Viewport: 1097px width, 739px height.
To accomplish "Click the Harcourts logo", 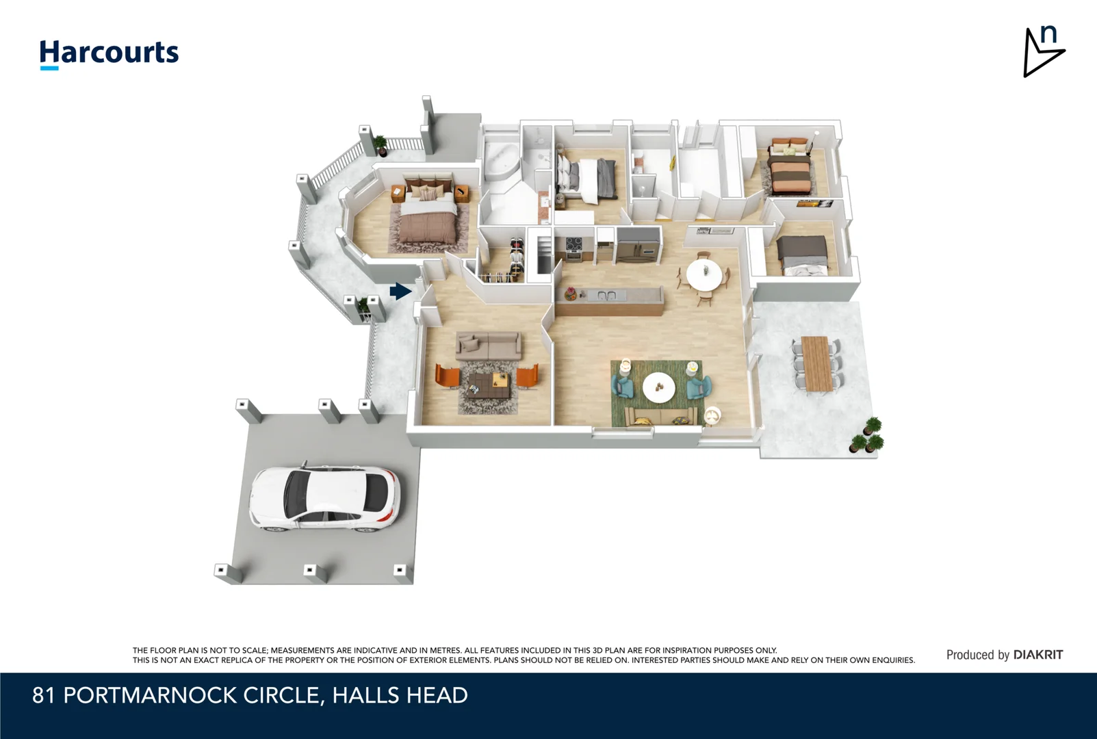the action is click(109, 54).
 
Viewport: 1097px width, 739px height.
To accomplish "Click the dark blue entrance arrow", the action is click(400, 291).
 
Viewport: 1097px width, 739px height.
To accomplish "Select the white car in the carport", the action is click(324, 498).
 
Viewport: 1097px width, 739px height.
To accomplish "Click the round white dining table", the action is click(704, 275).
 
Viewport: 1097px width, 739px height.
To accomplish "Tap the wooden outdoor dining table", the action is click(816, 363).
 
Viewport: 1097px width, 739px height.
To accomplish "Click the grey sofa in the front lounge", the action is click(488, 346).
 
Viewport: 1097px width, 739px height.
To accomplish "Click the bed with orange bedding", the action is click(790, 166).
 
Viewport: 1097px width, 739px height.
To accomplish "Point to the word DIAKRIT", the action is click(1037, 655).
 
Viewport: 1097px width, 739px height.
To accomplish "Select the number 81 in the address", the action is click(44, 695).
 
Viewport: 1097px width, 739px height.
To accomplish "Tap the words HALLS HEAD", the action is click(400, 695).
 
